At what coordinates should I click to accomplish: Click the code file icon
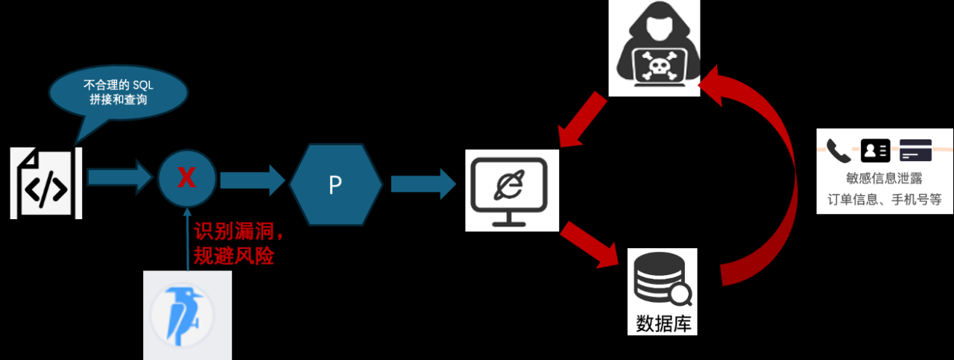(45, 183)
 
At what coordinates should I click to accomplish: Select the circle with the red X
(187, 178)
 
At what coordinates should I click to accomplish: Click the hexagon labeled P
(335, 184)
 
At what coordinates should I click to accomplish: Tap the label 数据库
(662, 323)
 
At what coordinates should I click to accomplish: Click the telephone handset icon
(838, 151)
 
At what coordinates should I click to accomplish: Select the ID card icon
(875, 151)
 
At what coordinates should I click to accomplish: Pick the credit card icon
(915, 151)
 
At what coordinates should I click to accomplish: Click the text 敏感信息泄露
(884, 179)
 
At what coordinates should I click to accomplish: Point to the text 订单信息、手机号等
(885, 200)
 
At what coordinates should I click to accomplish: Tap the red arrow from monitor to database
(590, 244)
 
